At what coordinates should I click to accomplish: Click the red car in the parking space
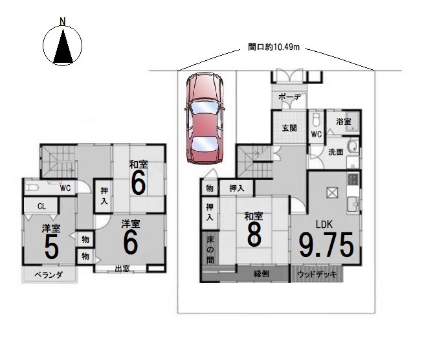point(205,118)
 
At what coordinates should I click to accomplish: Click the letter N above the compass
point(63,21)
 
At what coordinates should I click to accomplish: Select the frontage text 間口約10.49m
point(273,47)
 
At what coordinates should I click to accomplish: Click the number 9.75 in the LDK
point(326,245)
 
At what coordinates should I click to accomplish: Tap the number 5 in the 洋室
point(52,247)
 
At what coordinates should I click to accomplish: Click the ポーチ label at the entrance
point(289,97)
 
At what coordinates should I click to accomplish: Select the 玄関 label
point(289,128)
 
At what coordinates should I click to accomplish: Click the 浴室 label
point(344,121)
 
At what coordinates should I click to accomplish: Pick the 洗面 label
point(336,152)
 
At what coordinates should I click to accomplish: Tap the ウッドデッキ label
point(317,275)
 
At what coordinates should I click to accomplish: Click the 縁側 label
point(261,274)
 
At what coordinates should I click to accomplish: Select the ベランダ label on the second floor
point(49,275)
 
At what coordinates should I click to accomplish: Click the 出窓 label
point(122,269)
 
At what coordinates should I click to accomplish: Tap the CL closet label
point(41,206)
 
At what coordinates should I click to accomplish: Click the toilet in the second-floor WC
point(32,188)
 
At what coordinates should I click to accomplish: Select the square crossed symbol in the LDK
point(332,192)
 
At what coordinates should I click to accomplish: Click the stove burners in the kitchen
point(353,179)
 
